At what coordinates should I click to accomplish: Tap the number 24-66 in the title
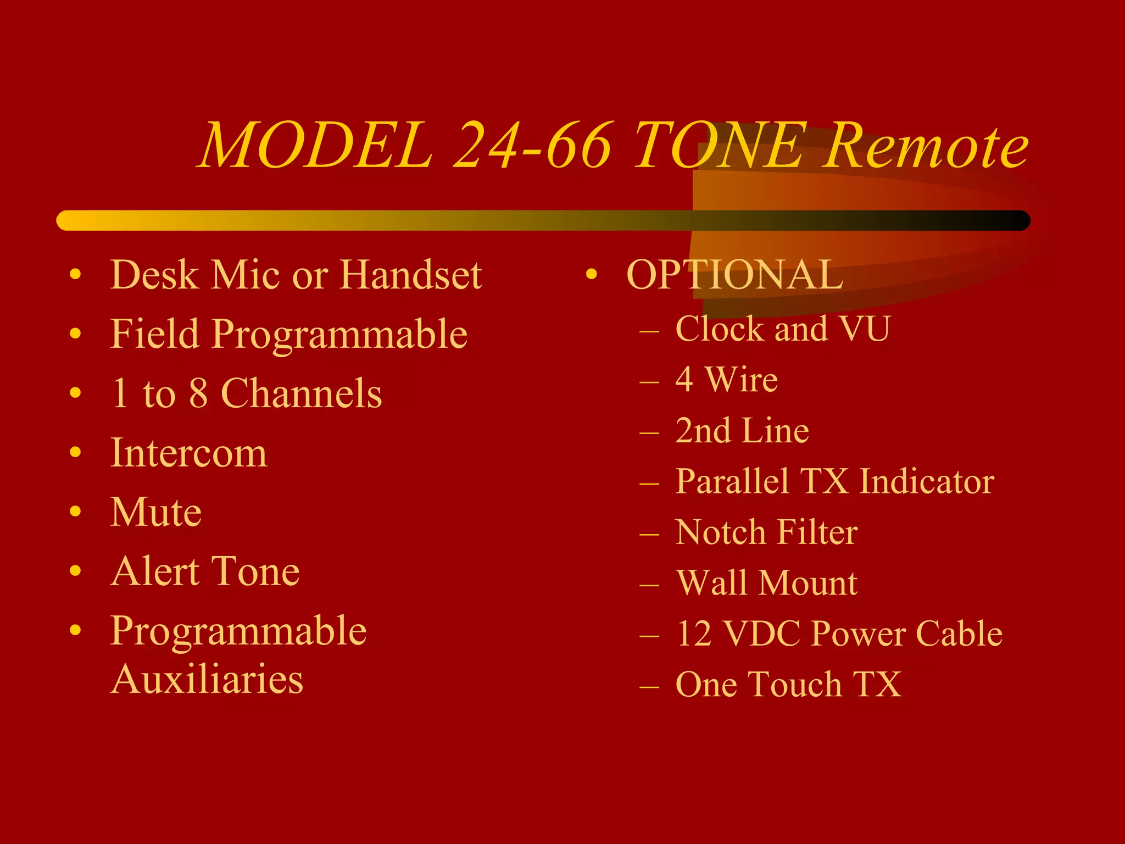click(533, 146)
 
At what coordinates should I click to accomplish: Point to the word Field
click(154, 334)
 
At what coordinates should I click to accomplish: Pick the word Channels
click(301, 393)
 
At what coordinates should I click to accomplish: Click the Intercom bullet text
click(188, 453)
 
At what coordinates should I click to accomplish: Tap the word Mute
click(156, 512)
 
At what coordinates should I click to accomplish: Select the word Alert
click(154, 571)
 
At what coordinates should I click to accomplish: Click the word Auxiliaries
click(207, 679)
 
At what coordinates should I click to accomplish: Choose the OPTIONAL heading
click(734, 275)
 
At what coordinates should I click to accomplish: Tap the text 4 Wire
click(726, 380)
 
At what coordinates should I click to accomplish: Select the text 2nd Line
click(742, 430)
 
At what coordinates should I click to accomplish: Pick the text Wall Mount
click(766, 582)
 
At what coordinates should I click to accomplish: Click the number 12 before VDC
click(694, 634)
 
